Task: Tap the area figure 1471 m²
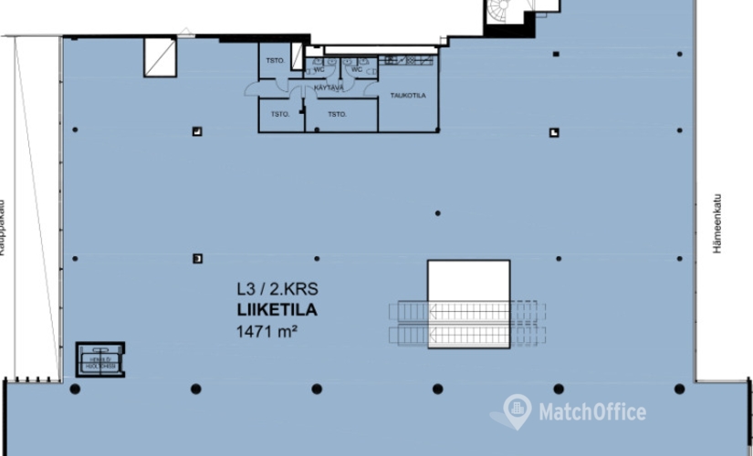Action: tap(267, 330)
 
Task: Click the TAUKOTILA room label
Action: tap(408, 94)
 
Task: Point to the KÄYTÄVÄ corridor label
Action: tap(328, 88)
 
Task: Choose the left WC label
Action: tap(319, 68)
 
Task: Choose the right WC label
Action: tap(357, 68)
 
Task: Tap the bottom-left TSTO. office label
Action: tap(280, 115)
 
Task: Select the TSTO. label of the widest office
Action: tap(337, 115)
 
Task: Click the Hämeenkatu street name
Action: tap(717, 223)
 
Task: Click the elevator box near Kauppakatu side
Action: tap(100, 359)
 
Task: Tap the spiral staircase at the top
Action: tap(505, 14)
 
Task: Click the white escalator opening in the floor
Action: tap(468, 303)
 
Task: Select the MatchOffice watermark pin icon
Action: tap(517, 411)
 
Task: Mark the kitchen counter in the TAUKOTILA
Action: tap(409, 60)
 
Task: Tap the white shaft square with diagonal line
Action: tap(159, 57)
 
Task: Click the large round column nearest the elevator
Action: tap(75, 389)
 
